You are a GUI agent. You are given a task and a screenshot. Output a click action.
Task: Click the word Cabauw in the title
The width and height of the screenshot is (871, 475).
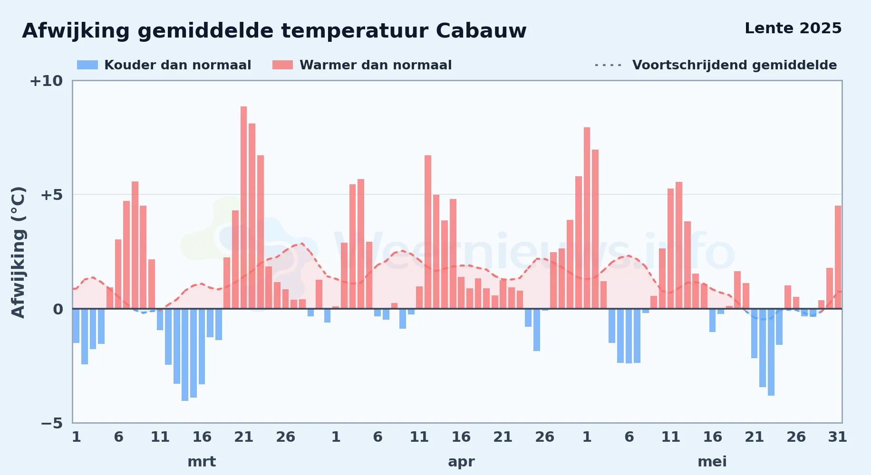(x=481, y=31)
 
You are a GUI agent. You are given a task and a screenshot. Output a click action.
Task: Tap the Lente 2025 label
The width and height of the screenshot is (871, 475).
(x=793, y=28)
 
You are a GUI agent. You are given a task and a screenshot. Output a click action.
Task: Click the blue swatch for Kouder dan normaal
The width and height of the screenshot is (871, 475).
(x=87, y=65)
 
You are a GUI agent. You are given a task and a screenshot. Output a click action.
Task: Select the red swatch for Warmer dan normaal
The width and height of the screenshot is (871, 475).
(x=282, y=65)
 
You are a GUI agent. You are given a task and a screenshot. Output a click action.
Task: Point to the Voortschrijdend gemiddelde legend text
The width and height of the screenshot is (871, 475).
(x=735, y=65)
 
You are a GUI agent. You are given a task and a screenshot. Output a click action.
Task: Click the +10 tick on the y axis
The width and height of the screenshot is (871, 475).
(x=46, y=81)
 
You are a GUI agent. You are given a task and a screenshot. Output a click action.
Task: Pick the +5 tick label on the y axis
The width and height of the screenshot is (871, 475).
(x=52, y=195)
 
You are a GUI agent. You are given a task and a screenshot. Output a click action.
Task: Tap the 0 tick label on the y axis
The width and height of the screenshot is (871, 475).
(x=58, y=309)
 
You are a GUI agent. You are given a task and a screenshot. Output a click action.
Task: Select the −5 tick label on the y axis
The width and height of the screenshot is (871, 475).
(x=52, y=423)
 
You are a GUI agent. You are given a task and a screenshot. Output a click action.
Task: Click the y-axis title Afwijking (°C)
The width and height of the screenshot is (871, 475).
(x=18, y=252)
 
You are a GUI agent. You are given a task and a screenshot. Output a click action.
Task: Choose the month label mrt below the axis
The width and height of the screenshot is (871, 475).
(x=202, y=462)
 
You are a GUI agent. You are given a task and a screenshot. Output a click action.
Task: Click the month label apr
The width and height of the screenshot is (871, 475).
(x=461, y=462)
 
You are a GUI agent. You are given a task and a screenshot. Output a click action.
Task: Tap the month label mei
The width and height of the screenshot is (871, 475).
(x=712, y=462)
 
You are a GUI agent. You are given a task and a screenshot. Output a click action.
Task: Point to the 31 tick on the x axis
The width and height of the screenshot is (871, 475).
(x=838, y=437)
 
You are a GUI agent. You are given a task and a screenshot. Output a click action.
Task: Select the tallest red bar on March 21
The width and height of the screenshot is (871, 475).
(x=244, y=208)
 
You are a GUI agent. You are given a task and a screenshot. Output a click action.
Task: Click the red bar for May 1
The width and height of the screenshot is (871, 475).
(x=587, y=218)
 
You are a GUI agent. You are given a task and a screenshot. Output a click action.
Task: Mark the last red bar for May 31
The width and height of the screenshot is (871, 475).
(x=838, y=257)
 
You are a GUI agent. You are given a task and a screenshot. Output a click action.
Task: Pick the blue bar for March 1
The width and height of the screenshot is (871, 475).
(x=76, y=326)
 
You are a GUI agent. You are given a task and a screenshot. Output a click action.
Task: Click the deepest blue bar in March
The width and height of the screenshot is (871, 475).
(x=185, y=355)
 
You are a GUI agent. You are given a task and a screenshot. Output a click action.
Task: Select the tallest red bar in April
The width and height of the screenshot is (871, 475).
(x=428, y=232)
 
